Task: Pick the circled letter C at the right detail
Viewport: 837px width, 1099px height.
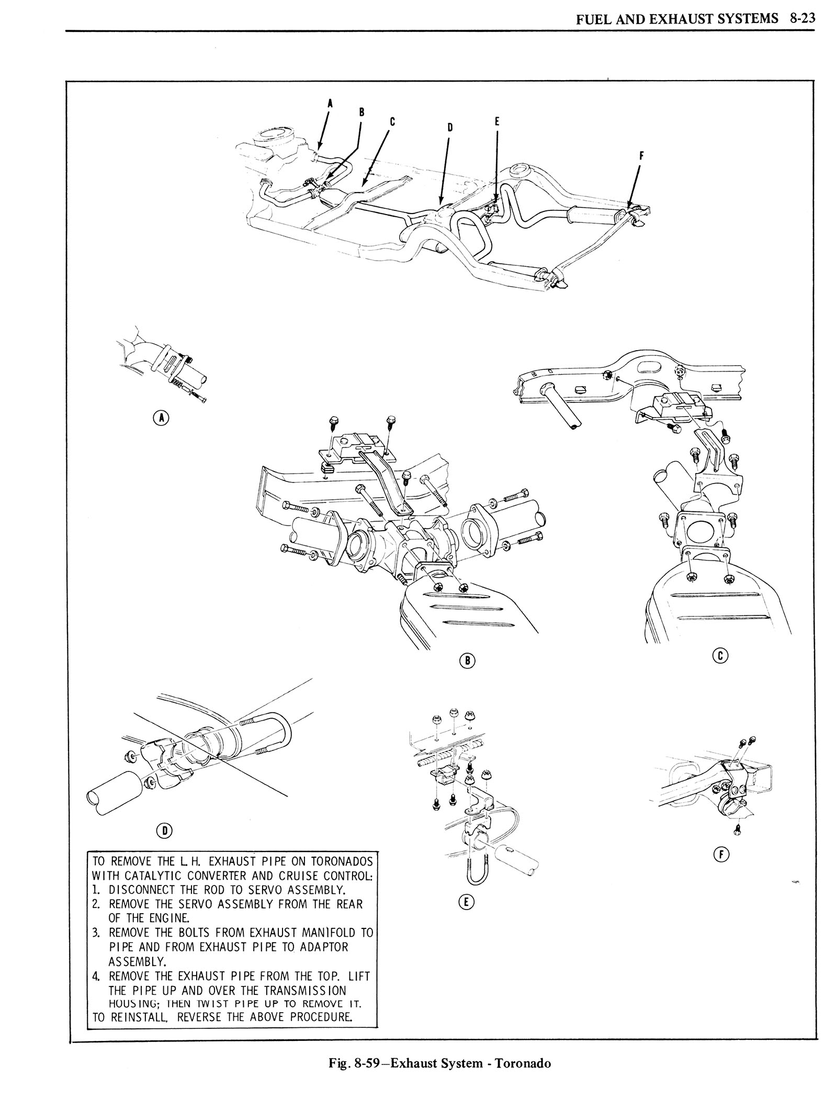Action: coord(720,656)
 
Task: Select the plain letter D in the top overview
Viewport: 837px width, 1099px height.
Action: coord(450,127)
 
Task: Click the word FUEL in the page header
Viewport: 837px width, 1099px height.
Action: coord(590,20)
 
